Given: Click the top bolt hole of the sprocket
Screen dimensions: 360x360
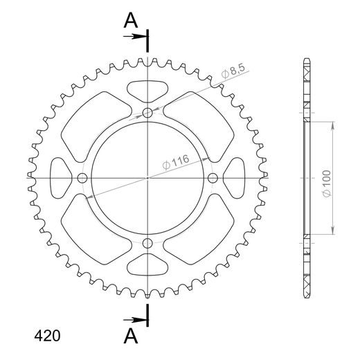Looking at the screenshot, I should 147,112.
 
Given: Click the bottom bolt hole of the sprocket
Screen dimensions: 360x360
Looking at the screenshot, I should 147,243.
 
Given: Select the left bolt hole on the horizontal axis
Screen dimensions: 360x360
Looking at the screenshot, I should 82,178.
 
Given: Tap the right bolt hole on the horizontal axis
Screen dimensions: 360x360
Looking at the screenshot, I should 213,178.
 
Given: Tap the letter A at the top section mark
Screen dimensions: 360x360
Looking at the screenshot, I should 130,21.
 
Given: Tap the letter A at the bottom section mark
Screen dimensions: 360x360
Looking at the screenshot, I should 130,335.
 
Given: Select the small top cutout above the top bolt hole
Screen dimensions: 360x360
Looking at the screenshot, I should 147,89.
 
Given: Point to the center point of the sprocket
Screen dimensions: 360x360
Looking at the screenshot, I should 147,178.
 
